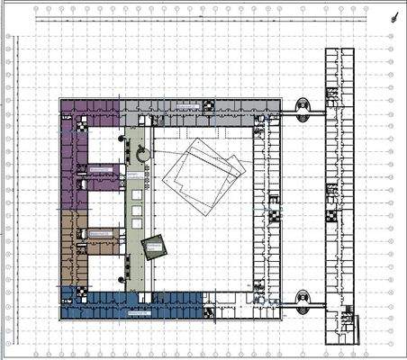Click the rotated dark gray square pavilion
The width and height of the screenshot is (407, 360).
155,247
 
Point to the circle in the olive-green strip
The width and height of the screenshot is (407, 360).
142,154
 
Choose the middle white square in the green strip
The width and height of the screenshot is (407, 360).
138,211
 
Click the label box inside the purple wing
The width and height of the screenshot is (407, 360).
100,167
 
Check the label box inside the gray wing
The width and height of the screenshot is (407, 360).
186,106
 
